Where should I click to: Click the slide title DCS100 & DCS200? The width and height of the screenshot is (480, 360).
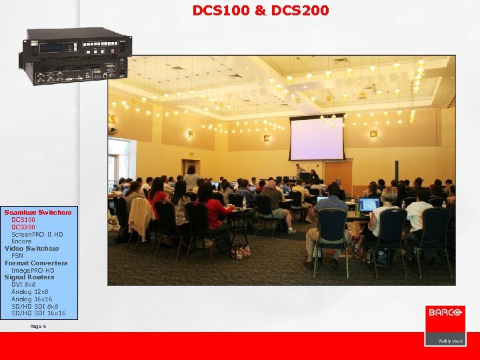click(x=260, y=11)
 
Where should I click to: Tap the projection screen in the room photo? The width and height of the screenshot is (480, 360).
click(x=315, y=139)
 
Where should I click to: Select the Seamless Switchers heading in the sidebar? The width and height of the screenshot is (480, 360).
click(x=37, y=213)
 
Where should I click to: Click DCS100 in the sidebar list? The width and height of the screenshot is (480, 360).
click(x=23, y=220)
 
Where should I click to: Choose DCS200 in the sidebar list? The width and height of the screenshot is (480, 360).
click(x=23, y=227)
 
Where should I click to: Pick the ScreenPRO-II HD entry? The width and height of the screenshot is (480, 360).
click(x=37, y=235)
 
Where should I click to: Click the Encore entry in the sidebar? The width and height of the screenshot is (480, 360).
click(x=21, y=241)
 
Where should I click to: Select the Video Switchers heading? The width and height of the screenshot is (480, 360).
click(x=31, y=249)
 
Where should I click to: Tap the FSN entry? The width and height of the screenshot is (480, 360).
click(x=17, y=256)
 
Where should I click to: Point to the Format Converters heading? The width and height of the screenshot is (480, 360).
click(x=36, y=263)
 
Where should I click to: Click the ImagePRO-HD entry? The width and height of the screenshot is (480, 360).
click(x=33, y=270)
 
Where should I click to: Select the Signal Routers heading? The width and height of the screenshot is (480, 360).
click(x=29, y=277)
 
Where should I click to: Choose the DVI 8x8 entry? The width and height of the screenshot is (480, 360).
click(x=23, y=285)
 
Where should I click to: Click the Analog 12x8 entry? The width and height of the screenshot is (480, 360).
click(x=30, y=292)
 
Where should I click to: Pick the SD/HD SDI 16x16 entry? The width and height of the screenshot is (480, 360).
click(x=39, y=313)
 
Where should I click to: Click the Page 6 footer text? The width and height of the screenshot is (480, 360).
click(x=38, y=327)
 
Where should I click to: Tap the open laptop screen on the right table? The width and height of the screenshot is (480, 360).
click(x=369, y=204)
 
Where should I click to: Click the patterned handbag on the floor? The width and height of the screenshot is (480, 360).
click(x=241, y=251)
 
